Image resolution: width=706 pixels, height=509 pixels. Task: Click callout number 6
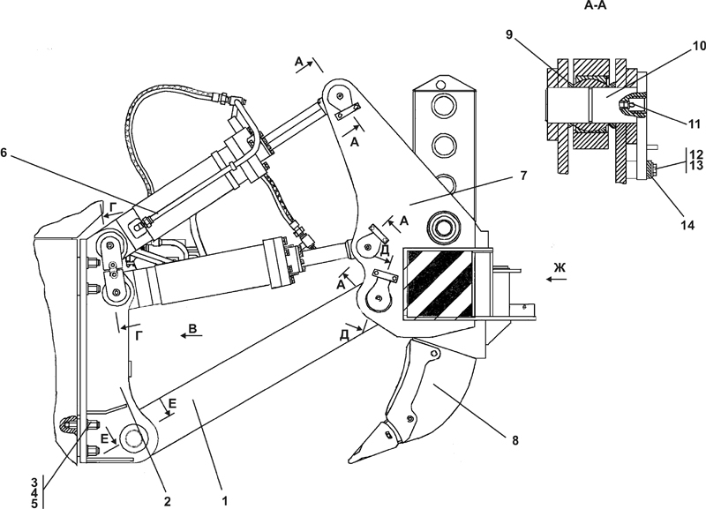[x=4, y=153]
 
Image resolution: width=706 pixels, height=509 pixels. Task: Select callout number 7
[x=522, y=176]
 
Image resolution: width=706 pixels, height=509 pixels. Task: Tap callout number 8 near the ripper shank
[x=515, y=439]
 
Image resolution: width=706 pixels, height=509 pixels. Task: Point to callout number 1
[x=225, y=500]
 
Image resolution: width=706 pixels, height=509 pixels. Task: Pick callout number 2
[x=167, y=501]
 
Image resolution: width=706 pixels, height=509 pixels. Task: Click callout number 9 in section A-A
[x=509, y=34]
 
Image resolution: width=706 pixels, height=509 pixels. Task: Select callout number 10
[x=699, y=46]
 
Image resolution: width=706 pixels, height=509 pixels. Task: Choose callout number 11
[x=694, y=124]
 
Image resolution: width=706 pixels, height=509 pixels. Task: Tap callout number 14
[x=687, y=225]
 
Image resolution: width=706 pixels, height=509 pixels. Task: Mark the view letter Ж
[x=560, y=268]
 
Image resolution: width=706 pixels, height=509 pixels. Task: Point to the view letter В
[x=192, y=328]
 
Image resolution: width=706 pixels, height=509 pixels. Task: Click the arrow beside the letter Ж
[x=557, y=279]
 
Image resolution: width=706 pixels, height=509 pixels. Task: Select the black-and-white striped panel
[x=439, y=282]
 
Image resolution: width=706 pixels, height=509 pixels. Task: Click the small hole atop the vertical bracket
[x=441, y=83]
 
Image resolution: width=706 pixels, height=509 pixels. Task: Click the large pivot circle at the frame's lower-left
[x=133, y=438]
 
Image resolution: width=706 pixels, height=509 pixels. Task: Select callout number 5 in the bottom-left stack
[x=34, y=504]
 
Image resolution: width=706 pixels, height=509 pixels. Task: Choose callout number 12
[x=695, y=154]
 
